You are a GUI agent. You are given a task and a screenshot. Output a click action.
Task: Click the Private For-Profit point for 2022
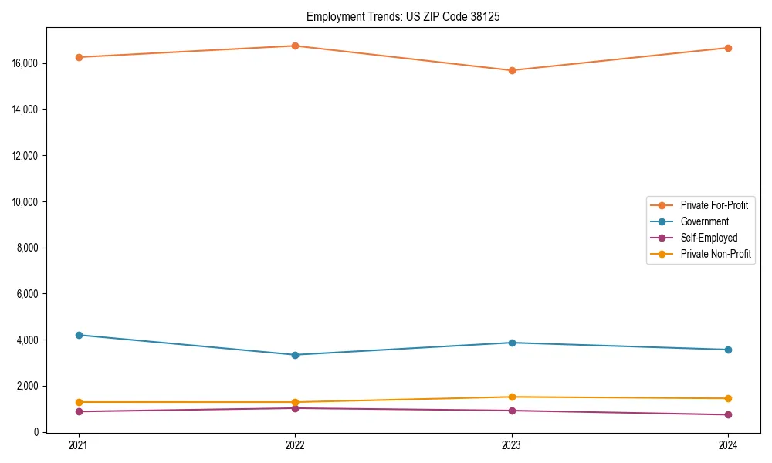pos(295,46)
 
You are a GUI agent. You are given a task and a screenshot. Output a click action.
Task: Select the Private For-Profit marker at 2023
pos(512,70)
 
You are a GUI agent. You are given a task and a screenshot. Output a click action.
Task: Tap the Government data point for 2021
pos(78,335)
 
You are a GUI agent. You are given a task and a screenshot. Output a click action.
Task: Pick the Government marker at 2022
pos(295,355)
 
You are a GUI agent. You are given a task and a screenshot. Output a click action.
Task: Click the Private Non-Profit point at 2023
pos(512,397)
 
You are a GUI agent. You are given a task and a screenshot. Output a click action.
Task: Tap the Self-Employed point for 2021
pos(78,411)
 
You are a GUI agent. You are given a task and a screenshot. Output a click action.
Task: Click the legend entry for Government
pos(704,221)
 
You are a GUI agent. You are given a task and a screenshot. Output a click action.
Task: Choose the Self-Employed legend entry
pos(709,238)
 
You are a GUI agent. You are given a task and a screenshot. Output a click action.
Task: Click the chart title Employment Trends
pos(403,16)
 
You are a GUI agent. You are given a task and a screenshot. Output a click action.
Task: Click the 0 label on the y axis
pos(36,432)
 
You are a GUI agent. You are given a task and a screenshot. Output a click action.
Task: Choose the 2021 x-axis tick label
pos(78,444)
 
